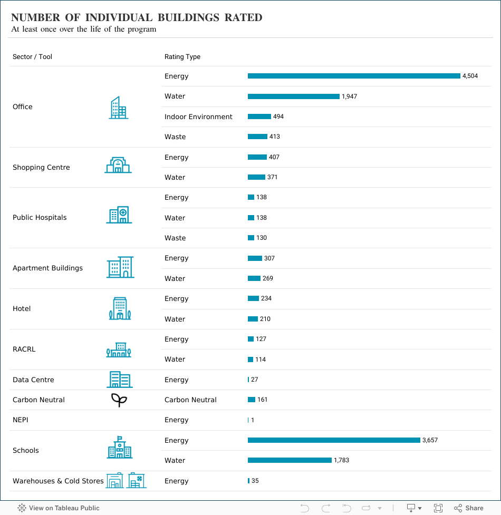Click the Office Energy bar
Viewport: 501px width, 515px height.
coord(354,76)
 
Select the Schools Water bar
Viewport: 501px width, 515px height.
coord(290,460)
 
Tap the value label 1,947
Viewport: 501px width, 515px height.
coord(350,96)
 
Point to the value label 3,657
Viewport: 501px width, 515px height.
coord(430,440)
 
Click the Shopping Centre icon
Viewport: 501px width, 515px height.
coord(118,166)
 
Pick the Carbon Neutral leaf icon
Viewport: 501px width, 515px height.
coord(119,400)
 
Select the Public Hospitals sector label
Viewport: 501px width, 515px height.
coord(40,218)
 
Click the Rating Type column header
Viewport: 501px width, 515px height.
coord(182,57)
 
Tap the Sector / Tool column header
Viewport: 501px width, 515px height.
coord(32,57)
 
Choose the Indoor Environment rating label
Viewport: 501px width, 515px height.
coord(198,116)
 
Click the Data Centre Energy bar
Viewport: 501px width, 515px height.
coord(248,380)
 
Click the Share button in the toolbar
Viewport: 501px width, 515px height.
coord(469,508)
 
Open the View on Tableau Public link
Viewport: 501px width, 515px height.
coord(59,508)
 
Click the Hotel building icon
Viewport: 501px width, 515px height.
coord(120,308)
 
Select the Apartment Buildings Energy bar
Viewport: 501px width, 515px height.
coord(255,258)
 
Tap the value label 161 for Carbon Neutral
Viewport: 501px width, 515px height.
coord(262,400)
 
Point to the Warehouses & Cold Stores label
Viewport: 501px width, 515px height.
coord(58,481)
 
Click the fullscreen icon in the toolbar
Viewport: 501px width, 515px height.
coord(438,508)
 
